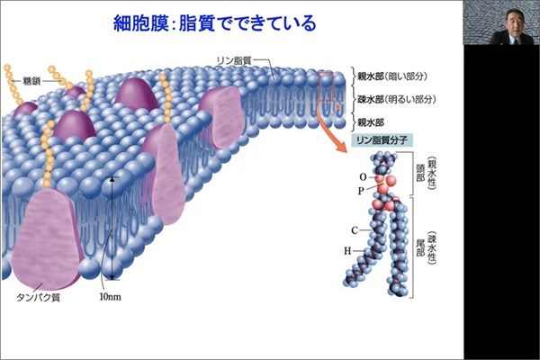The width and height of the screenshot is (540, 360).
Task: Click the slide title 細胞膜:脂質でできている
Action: pos(214,23)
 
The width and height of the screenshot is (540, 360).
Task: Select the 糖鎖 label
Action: pos(32,81)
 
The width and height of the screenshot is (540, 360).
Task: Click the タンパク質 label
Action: pos(39,297)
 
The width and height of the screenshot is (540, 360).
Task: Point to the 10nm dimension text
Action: pos(110,296)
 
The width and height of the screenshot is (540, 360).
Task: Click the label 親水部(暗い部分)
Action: pos(391,76)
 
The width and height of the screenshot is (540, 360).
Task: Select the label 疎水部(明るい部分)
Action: pos(396,100)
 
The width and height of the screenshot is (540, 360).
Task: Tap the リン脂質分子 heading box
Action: pos(382,140)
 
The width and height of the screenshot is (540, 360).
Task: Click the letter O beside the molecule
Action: pos(363,177)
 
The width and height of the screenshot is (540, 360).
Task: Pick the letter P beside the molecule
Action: pos(361,191)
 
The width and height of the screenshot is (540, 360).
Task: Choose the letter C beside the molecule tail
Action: pos(355,230)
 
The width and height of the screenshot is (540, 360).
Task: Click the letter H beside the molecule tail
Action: pos(347,251)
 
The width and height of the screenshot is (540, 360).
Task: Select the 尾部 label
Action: pos(420,248)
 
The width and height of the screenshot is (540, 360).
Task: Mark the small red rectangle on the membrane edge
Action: pos(326,86)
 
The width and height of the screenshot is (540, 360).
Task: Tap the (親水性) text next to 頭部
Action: pos(431,173)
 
